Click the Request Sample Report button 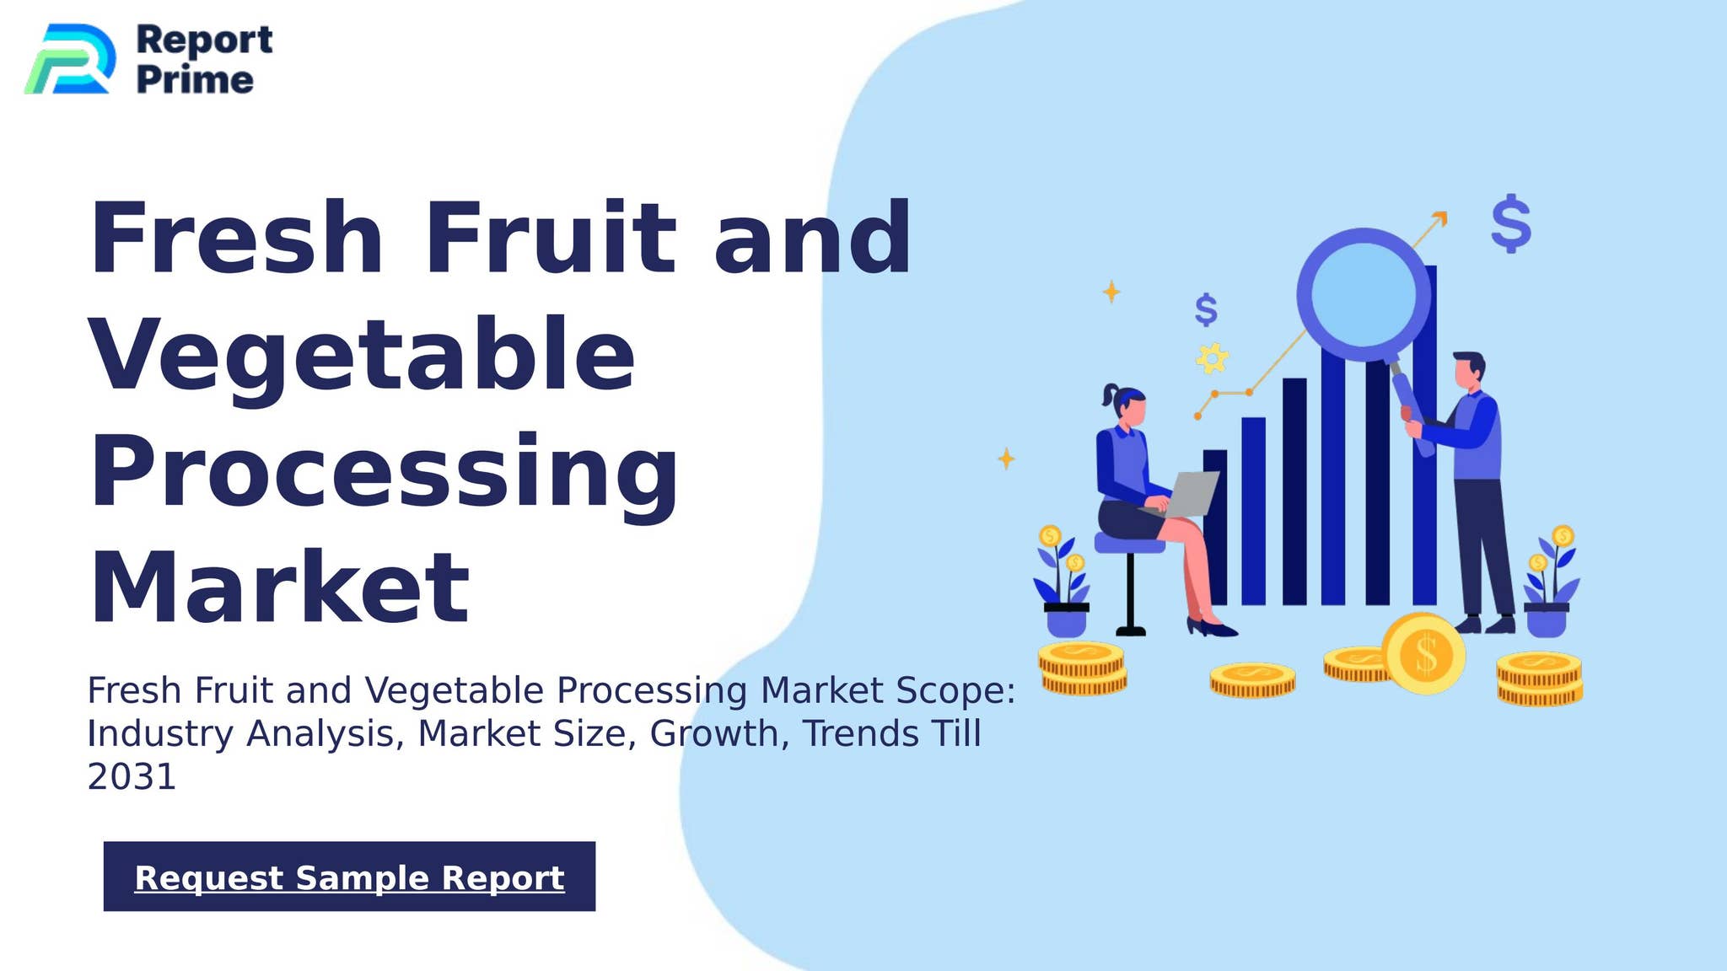click(349, 877)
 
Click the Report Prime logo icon click(70, 59)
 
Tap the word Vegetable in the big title click(362, 356)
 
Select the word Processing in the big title click(384, 472)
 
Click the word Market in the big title click(279, 587)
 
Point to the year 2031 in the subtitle click(132, 776)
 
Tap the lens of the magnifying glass click(1364, 294)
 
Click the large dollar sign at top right click(1510, 223)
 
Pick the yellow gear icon click(1212, 359)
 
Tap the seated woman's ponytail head click(1126, 406)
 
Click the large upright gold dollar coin click(1424, 654)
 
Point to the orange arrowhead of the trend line click(1440, 218)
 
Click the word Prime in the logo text click(195, 80)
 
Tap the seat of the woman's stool click(1128, 544)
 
